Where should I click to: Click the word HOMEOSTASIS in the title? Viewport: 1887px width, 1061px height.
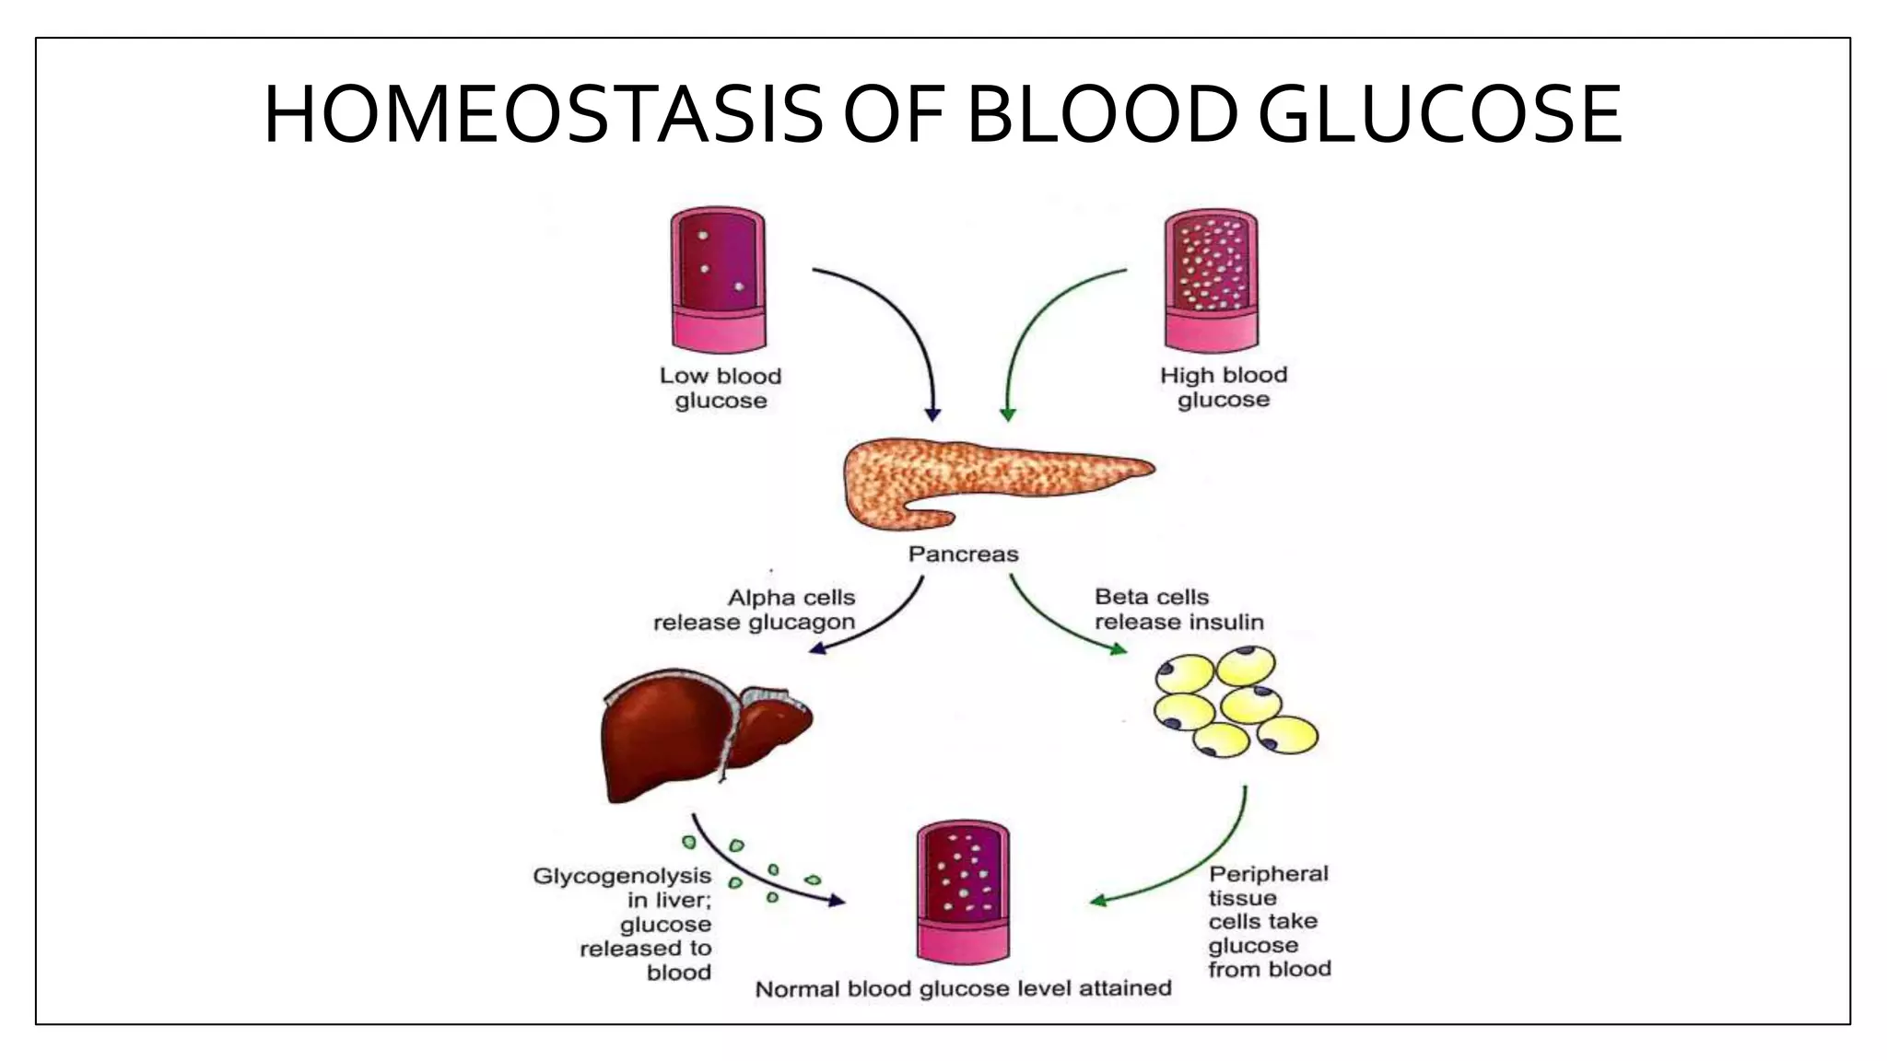click(x=543, y=115)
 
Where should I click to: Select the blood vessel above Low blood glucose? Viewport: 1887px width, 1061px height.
click(x=719, y=277)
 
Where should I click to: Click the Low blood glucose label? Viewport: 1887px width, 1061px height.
click(x=721, y=388)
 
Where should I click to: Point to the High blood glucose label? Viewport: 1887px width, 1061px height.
click(x=1224, y=387)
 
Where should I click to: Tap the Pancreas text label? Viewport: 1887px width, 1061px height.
click(x=963, y=554)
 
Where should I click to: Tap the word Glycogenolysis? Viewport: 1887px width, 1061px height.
click(x=622, y=876)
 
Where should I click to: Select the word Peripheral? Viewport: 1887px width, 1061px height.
click(x=1269, y=874)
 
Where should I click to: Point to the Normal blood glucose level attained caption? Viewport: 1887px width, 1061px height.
click(x=963, y=989)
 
